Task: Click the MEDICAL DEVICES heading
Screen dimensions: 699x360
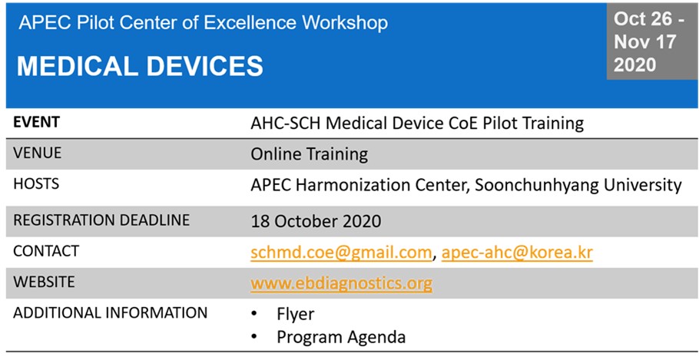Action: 140,65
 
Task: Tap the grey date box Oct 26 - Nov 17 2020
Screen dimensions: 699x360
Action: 652,42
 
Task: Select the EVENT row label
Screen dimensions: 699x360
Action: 37,123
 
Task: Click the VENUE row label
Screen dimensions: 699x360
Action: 38,154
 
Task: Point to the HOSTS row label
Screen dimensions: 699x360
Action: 36,184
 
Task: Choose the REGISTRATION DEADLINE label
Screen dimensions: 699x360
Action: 101,220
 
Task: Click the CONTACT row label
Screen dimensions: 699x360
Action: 46,251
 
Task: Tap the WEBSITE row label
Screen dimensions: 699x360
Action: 44,282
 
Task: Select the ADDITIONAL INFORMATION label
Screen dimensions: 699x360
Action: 110,312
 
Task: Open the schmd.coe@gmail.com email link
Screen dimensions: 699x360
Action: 341,253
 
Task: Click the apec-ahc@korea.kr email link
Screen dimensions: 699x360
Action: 517,253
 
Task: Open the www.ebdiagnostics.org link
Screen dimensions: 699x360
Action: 341,283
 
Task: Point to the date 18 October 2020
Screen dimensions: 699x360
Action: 316,221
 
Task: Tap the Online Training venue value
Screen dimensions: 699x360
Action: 310,155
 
